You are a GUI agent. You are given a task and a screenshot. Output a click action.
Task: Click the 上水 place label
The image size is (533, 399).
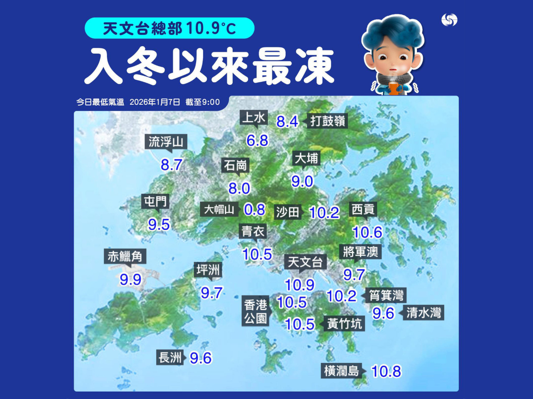[x=254, y=118]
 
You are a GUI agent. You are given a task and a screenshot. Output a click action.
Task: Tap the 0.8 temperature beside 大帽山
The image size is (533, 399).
[x=254, y=209]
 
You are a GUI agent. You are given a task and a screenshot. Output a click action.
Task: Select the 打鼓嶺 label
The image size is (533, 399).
[x=328, y=121]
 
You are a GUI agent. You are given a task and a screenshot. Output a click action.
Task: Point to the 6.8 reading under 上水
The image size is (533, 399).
[x=257, y=140]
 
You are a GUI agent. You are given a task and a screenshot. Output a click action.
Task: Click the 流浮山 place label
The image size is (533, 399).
[x=166, y=142]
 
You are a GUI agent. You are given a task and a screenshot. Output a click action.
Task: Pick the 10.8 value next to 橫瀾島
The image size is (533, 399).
[x=386, y=371]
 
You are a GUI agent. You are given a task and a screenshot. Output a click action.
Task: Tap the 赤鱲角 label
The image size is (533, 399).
[x=125, y=256]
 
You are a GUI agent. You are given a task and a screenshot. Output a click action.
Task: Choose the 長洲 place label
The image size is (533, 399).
[x=170, y=357]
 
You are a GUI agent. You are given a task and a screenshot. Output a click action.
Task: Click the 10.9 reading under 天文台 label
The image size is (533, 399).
[x=299, y=285]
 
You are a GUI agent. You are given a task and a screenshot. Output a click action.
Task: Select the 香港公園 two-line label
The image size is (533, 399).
[x=255, y=311]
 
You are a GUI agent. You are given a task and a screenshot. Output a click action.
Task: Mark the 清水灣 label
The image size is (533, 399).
[x=423, y=313]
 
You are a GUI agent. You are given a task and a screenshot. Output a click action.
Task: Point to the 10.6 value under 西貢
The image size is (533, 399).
[x=367, y=232]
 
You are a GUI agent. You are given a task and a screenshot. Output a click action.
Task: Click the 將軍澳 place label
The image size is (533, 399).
[x=361, y=251]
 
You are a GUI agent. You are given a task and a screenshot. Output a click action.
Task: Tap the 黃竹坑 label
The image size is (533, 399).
[x=344, y=323]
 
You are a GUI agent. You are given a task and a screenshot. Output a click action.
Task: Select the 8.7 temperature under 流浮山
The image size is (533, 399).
[x=172, y=165]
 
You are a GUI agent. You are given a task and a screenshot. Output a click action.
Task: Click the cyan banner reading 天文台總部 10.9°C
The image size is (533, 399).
[x=169, y=28]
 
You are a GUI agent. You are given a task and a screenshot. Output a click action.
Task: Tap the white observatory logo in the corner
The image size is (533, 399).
[x=449, y=20]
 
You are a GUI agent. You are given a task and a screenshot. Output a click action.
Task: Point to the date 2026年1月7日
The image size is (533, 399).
[x=155, y=102]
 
